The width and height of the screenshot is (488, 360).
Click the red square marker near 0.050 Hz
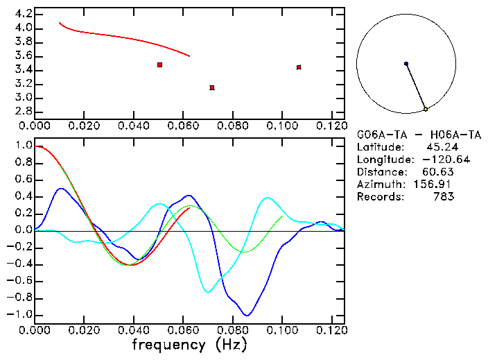point(160,65)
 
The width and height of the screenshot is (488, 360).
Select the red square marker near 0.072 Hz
point(212,87)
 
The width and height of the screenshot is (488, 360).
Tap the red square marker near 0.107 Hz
point(299,67)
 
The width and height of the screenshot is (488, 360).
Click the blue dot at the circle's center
point(406,64)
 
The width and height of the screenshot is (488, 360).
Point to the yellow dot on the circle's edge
point(426,109)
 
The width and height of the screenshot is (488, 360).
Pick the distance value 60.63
point(437,172)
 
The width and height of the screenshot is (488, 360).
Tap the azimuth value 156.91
point(434,185)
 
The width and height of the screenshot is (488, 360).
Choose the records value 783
point(443,197)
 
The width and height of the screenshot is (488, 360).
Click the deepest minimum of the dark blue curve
point(246,315)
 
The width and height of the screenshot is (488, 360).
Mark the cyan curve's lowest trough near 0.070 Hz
point(207,292)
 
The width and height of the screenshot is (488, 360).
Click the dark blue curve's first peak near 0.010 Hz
point(61,188)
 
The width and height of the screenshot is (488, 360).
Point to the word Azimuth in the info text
point(378,185)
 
